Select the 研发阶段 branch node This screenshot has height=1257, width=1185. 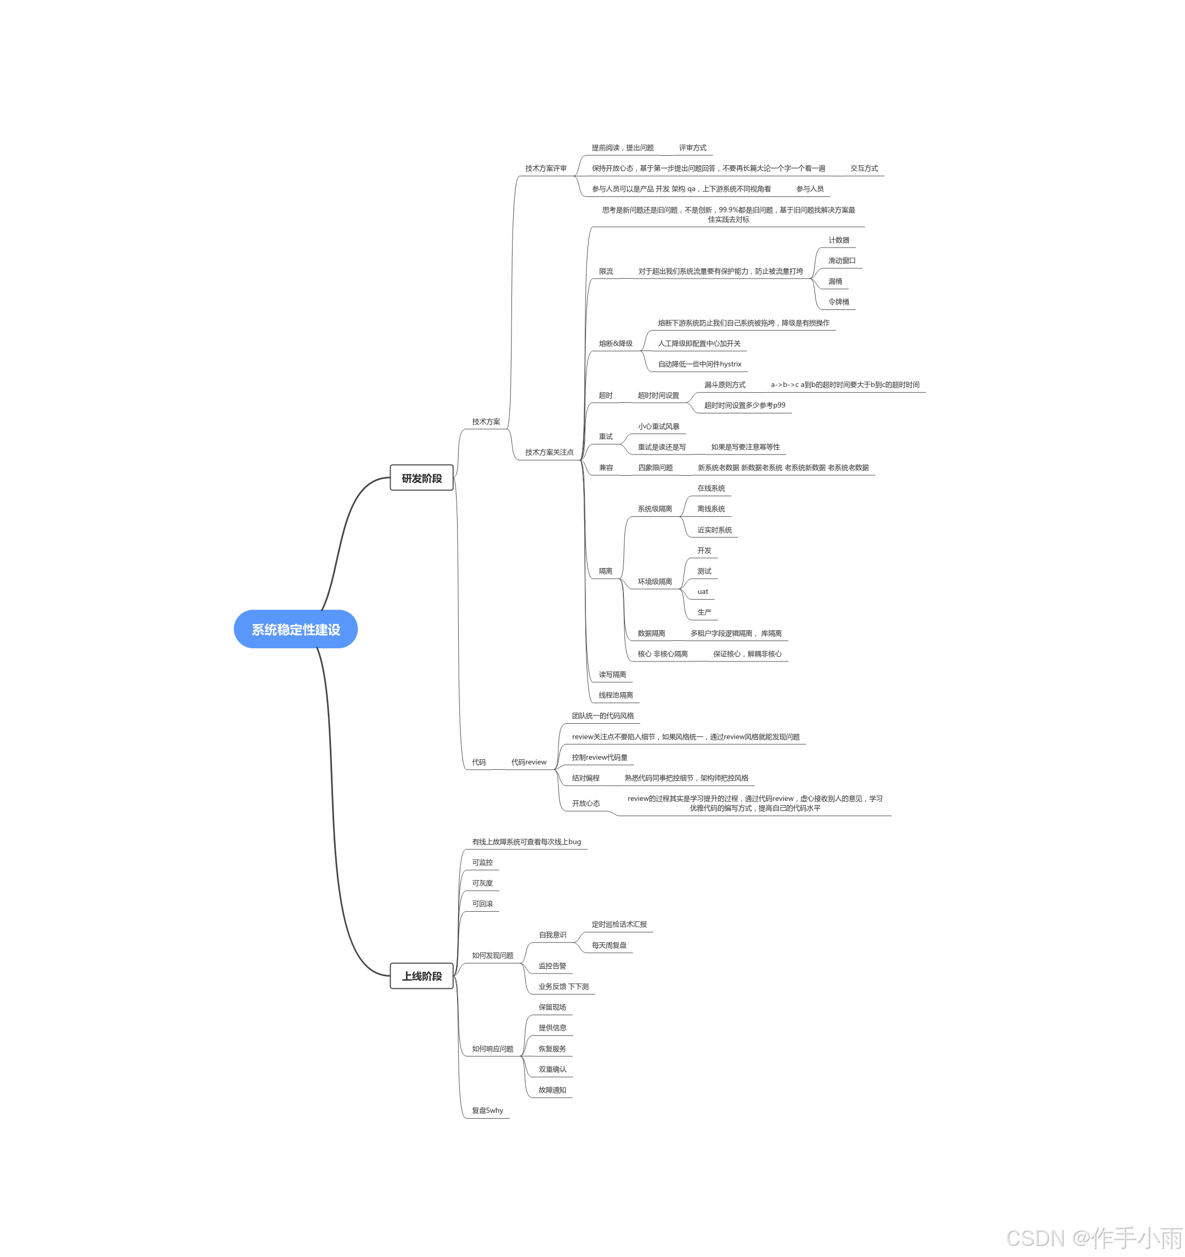tap(422, 478)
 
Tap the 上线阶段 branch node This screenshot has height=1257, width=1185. tap(422, 976)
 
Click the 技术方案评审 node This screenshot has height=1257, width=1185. tap(546, 168)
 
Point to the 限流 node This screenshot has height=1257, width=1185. tap(606, 271)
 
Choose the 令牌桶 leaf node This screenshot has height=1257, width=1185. tap(839, 301)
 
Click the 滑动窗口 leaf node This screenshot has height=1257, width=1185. tap(842, 260)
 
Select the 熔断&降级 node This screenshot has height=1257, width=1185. tap(615, 343)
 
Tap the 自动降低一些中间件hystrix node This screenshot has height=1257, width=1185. tap(699, 364)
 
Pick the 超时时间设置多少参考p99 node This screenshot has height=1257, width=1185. tap(744, 405)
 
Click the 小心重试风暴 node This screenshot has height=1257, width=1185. tap(658, 426)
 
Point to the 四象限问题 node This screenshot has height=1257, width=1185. tap(655, 467)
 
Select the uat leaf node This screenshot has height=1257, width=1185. tap(703, 591)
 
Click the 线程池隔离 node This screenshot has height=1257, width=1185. tap(615, 695)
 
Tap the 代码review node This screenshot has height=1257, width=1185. tap(529, 762)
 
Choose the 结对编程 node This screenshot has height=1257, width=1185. tap(585, 778)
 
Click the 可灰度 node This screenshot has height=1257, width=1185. tap(482, 883)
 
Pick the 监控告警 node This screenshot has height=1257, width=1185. tap(552, 966)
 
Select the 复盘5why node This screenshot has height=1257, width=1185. tap(487, 1110)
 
